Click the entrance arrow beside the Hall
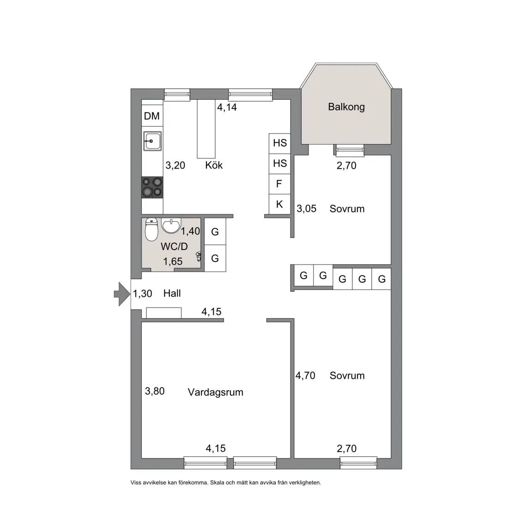[x=122, y=294]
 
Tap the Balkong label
[x=346, y=107]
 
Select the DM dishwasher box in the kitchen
[x=151, y=116]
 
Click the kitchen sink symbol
[x=152, y=141]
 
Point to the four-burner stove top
[x=152, y=187]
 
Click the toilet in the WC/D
[x=151, y=229]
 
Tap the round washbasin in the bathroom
[x=171, y=226]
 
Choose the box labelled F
[x=279, y=184]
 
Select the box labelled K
[x=279, y=204]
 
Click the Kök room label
[x=214, y=165]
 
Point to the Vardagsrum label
[x=216, y=392]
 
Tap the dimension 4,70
[x=305, y=375]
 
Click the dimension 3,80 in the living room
[x=155, y=391]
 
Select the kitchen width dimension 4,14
[x=227, y=107]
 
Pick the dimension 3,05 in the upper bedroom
[x=306, y=209]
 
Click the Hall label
[x=172, y=294]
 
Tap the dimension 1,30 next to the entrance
[x=143, y=294]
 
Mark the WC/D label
[x=175, y=247]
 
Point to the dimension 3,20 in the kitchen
[x=175, y=165]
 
